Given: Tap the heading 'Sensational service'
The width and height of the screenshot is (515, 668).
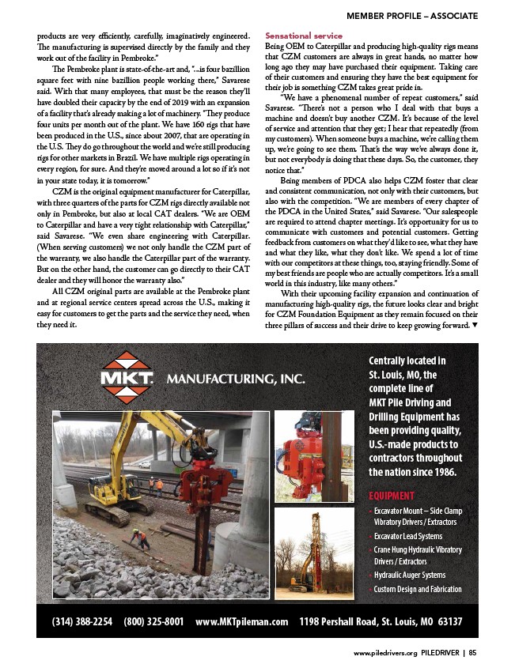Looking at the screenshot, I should pyautogui.click(x=302, y=36).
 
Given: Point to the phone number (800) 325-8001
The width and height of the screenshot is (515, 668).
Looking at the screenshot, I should pyautogui.click(x=154, y=621).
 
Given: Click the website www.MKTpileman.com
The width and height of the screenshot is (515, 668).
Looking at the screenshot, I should pyautogui.click(x=241, y=621).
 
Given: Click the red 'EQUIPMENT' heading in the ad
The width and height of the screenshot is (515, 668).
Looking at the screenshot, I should pyautogui.click(x=392, y=496).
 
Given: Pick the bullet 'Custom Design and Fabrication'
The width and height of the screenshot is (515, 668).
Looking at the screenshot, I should pyautogui.click(x=418, y=590).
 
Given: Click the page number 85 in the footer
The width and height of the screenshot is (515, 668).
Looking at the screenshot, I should pyautogui.click(x=472, y=654).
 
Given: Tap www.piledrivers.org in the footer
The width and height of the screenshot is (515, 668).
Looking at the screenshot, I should pyautogui.click(x=384, y=654).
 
